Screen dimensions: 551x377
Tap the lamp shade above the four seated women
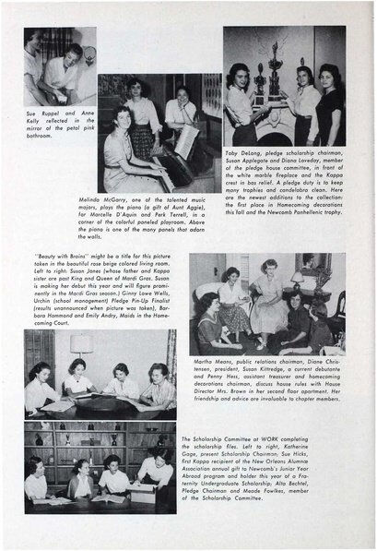(x=82, y=344)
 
